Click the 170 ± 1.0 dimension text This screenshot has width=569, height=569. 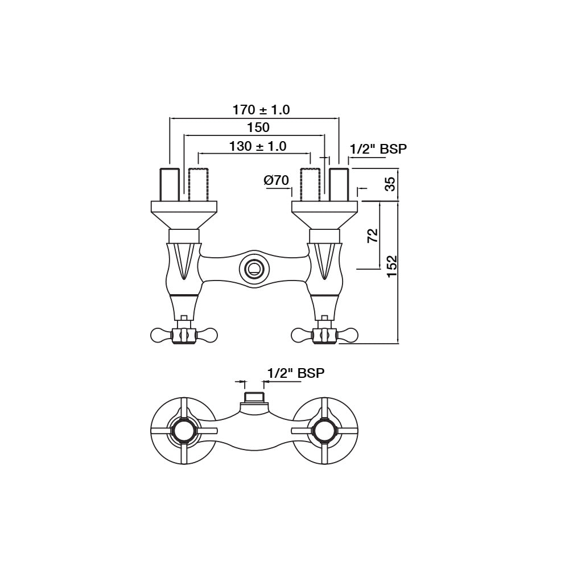[x=261, y=110]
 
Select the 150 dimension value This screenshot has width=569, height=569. [x=258, y=128]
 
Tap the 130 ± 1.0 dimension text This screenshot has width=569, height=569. [x=258, y=146]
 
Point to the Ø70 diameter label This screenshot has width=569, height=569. [x=277, y=181]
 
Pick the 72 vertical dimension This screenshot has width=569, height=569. [x=373, y=236]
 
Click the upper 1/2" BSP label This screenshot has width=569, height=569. [x=378, y=149]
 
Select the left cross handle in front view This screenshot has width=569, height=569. [x=183, y=335]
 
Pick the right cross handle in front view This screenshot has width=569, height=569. [x=324, y=335]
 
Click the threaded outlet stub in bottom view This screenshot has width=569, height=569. [x=254, y=398]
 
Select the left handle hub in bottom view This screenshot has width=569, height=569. [x=184, y=431]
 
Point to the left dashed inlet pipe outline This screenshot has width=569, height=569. [x=197, y=185]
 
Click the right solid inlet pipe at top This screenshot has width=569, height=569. [x=339, y=185]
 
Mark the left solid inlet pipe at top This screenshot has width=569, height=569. [x=170, y=185]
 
